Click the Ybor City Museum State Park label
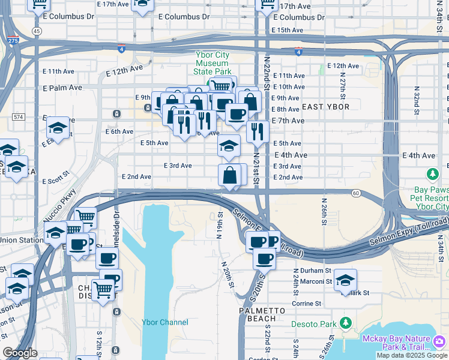[212, 63]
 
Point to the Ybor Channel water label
[164, 322]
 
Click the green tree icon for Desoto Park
[345, 323]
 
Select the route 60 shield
[356, 193]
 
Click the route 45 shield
[37, 31]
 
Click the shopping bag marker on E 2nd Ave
[231, 176]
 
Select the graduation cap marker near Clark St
[345, 280]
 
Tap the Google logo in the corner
[20, 353]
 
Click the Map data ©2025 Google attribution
[411, 355]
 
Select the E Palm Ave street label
[62, 88]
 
